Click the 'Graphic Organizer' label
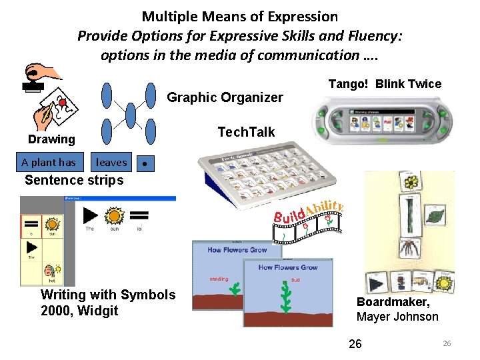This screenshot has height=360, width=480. pyautogui.click(x=225, y=97)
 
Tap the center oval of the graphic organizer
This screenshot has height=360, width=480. pyautogui.click(x=131, y=115)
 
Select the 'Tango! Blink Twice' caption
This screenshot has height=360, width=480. pyautogui.click(x=385, y=83)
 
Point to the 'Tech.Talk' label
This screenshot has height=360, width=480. pyautogui.click(x=246, y=132)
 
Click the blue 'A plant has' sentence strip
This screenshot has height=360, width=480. pyautogui.click(x=48, y=162)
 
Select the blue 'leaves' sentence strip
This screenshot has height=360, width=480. pyautogui.click(x=111, y=162)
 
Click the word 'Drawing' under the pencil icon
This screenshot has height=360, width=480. pyautogui.click(x=51, y=139)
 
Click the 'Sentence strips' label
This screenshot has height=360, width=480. pyautogui.click(x=74, y=180)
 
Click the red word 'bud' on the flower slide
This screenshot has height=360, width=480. pyautogui.click(x=295, y=280)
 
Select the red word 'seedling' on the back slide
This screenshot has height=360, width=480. pyautogui.click(x=219, y=279)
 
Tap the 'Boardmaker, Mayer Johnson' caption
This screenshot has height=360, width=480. pyautogui.click(x=397, y=309)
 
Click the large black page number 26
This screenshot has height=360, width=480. pyautogui.click(x=355, y=343)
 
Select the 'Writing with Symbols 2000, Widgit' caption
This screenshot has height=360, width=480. pyautogui.click(x=108, y=302)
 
